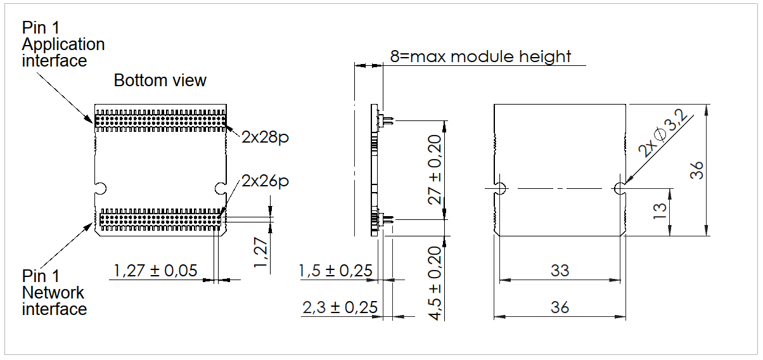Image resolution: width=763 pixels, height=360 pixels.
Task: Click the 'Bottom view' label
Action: tap(160, 80)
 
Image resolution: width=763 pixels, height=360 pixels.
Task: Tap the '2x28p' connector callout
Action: tap(265, 138)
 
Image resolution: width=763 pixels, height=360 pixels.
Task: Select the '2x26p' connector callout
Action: tap(265, 181)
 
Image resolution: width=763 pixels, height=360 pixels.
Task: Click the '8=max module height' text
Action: tap(480, 56)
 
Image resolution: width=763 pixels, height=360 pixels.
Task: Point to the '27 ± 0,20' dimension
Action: tap(435, 170)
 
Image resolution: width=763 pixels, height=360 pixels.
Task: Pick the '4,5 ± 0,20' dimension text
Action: tap(435, 283)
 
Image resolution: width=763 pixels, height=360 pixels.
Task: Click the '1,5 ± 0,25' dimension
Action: tap(335, 271)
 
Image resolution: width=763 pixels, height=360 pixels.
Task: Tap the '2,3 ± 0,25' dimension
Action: tap(340, 307)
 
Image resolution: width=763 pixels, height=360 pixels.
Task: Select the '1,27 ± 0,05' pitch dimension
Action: tap(155, 271)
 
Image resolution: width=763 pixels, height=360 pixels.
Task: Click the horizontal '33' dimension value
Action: tap(560, 271)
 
